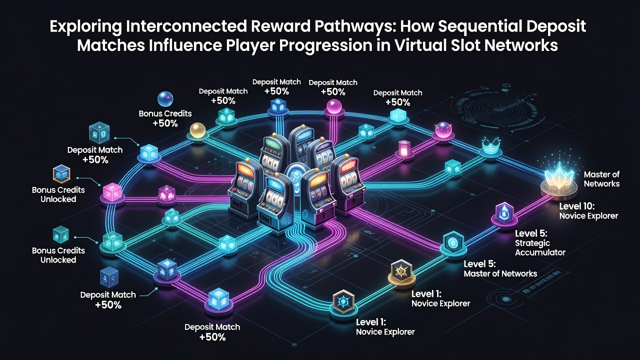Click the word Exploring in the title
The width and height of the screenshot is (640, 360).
(85, 26)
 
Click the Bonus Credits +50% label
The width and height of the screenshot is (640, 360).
(165, 118)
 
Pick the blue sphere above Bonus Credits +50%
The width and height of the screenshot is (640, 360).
(165, 99)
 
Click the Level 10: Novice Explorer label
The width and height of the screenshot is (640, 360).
(588, 211)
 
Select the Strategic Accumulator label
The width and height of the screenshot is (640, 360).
(540, 247)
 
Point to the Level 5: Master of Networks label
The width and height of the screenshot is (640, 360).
(500, 268)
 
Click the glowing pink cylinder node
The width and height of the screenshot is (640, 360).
(404, 148)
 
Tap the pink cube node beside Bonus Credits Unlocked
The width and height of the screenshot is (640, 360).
(112, 192)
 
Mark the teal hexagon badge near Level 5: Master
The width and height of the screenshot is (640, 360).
(453, 242)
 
